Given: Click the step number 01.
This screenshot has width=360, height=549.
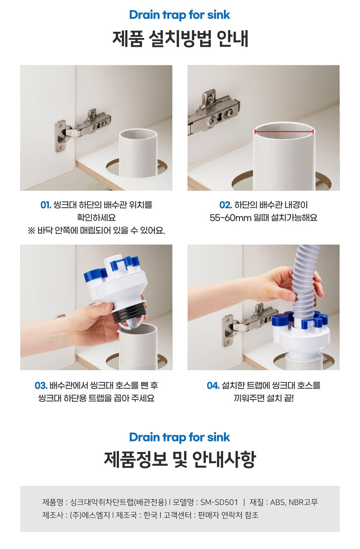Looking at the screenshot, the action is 46,205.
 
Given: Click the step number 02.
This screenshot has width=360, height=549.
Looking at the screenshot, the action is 226,205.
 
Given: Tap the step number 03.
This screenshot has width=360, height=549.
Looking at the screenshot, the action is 41,386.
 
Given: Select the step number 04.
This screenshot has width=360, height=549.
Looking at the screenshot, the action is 213,386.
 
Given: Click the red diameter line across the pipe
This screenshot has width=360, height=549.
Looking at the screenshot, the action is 284,131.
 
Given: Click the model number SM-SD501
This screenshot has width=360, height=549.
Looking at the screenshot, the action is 219,502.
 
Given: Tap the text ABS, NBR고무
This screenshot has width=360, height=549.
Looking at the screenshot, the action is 294,502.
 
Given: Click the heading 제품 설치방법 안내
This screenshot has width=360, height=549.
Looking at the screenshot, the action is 180,39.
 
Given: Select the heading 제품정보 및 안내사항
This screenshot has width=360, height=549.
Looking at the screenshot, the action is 180,459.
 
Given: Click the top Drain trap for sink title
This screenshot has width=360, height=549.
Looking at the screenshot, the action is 180,15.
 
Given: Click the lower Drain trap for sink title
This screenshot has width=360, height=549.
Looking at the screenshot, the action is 180,437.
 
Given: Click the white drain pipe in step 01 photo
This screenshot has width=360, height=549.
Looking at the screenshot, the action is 138,152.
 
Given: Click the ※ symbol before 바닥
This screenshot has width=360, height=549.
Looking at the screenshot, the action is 32,231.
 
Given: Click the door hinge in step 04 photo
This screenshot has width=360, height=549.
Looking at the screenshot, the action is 249,324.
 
